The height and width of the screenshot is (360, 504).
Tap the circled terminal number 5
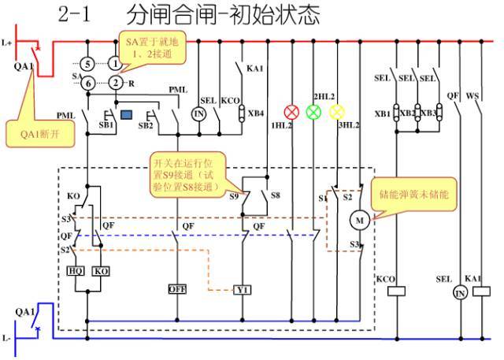pyautogui.click(x=88, y=62)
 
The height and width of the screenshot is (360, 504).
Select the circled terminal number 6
pyautogui.click(x=88, y=83)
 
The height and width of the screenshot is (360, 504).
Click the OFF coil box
pyautogui.click(x=177, y=289)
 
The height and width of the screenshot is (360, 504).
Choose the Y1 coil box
pyautogui.click(x=243, y=289)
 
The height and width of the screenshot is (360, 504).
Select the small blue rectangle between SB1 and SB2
pyautogui.click(x=126, y=115)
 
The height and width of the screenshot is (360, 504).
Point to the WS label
pyautogui.click(x=473, y=96)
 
